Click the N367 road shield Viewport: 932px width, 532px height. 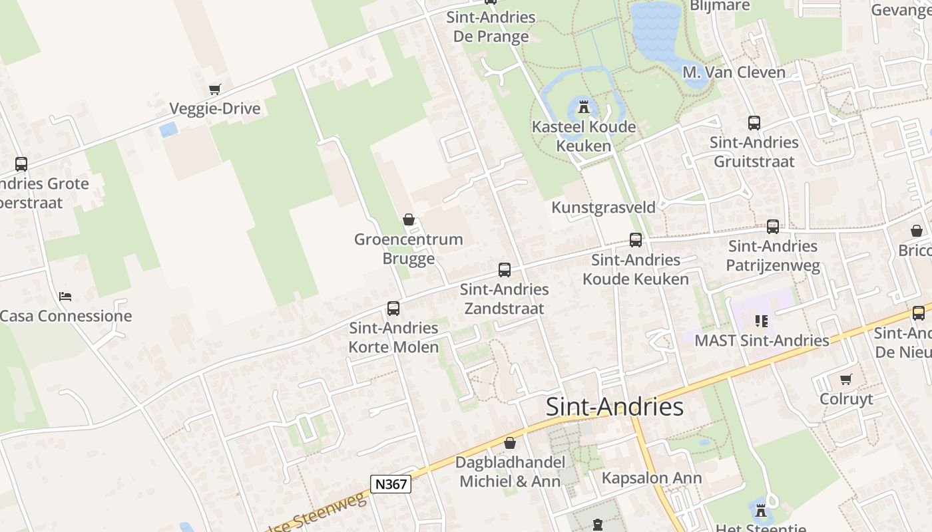(x=391, y=484)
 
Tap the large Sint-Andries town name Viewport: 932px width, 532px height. (x=614, y=407)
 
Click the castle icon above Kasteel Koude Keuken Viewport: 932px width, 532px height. (x=584, y=106)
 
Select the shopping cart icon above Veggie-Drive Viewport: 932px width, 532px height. (x=214, y=89)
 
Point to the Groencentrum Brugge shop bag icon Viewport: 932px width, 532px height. (x=409, y=219)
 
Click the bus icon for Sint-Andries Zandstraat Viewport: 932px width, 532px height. (x=505, y=270)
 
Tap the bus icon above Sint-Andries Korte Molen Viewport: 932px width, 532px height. (x=393, y=309)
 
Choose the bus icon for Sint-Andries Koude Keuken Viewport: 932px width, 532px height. (x=636, y=240)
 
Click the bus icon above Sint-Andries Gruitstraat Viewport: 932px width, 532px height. (x=754, y=123)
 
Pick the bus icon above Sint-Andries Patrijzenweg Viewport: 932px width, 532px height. (x=772, y=227)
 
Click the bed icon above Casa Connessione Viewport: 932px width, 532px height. (x=65, y=296)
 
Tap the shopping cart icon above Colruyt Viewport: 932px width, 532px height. (x=845, y=380)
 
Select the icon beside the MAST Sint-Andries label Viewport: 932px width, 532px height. (x=762, y=322)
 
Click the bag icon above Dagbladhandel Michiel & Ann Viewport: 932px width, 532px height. (x=510, y=443)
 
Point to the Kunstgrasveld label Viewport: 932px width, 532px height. (x=603, y=207)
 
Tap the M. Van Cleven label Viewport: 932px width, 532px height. (x=734, y=72)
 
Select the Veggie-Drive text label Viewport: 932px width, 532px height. (x=214, y=109)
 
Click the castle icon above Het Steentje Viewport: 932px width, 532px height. (x=760, y=511)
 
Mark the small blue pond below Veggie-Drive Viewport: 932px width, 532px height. (x=168, y=129)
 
